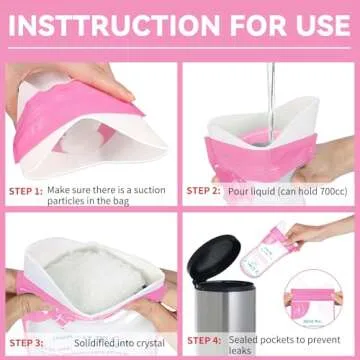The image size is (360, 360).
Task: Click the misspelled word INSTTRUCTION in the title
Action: [114, 25]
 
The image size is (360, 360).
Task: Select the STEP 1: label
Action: [26, 191]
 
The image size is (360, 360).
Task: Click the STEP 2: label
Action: [203, 191]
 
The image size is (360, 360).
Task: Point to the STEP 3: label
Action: [26, 343]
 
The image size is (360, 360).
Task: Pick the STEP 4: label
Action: [204, 340]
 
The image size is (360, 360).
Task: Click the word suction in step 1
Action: [149, 190]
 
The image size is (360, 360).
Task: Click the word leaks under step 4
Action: [239, 351]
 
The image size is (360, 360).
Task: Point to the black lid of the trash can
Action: [214, 258]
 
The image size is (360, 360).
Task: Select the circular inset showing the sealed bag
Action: [314, 299]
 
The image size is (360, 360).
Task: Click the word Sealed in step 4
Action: [243, 340]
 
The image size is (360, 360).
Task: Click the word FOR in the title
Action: [256, 25]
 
